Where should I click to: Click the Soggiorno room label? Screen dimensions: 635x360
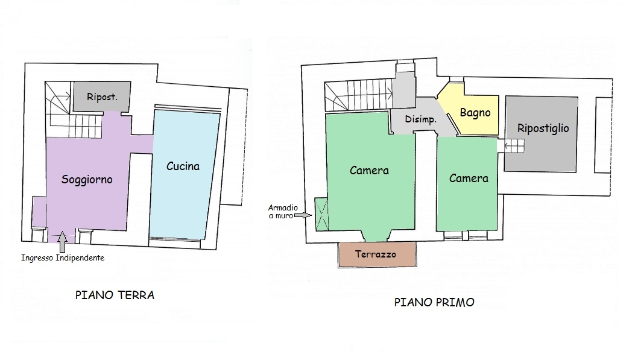(x=87, y=179)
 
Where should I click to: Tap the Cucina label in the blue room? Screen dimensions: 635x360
(x=183, y=166)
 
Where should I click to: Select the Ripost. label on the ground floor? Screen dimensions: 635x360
(x=102, y=97)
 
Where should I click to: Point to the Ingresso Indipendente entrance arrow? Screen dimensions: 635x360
(x=62, y=242)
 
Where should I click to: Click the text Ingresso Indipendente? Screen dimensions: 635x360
(x=63, y=258)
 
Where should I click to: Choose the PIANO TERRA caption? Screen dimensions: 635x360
(x=115, y=295)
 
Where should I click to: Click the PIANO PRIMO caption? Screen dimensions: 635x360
(x=434, y=303)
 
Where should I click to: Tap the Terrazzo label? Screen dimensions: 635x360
(x=376, y=254)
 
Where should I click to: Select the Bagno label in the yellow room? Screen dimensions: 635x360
(x=475, y=113)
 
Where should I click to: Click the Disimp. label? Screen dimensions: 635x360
(x=421, y=119)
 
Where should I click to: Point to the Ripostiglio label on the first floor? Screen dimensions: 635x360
(x=543, y=128)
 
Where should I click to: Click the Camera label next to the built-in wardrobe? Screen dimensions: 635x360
(x=369, y=171)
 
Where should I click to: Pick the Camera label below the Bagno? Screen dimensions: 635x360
(x=469, y=178)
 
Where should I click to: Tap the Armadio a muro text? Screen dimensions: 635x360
(x=283, y=212)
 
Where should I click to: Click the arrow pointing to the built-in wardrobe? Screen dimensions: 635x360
(x=303, y=216)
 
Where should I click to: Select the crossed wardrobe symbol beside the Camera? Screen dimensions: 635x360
(x=322, y=214)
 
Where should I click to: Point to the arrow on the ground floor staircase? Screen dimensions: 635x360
(x=62, y=96)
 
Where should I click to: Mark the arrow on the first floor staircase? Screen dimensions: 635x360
(x=385, y=95)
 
